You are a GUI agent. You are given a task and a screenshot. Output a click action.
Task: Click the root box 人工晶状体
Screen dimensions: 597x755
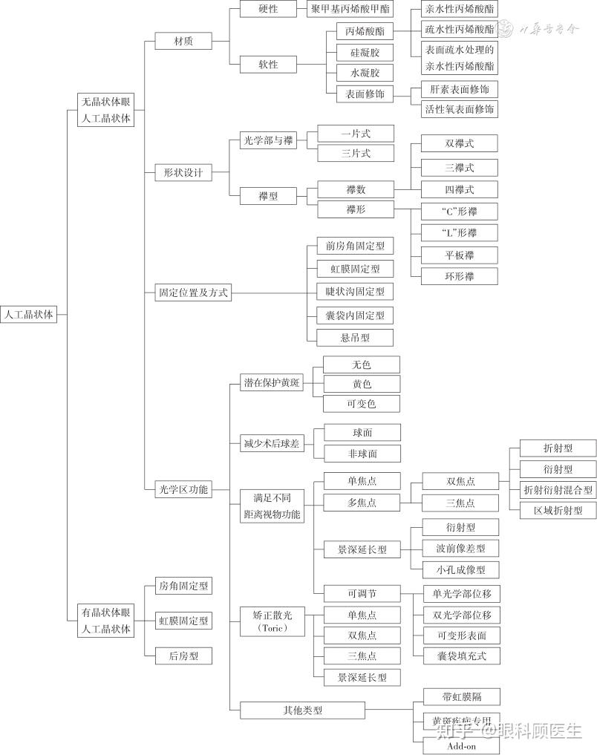(x=28, y=315)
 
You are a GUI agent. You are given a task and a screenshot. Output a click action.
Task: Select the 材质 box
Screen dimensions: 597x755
(x=183, y=42)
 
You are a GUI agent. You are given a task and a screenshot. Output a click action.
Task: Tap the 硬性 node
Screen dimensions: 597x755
(x=268, y=9)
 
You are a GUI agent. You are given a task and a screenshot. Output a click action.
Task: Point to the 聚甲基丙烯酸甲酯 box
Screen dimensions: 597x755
(x=350, y=9)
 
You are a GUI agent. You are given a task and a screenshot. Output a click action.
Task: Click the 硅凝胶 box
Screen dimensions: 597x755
(x=359, y=53)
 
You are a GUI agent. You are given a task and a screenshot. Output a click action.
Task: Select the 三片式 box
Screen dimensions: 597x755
(x=355, y=154)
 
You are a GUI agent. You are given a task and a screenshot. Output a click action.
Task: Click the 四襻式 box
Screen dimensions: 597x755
(x=459, y=189)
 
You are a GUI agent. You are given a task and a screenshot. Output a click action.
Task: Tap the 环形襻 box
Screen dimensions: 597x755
(x=459, y=276)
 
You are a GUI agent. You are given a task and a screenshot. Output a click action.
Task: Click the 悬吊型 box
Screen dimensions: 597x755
(x=354, y=338)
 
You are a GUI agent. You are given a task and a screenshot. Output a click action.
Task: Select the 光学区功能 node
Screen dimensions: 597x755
(x=183, y=490)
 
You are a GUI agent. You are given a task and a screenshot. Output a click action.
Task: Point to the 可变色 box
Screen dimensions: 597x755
(x=361, y=404)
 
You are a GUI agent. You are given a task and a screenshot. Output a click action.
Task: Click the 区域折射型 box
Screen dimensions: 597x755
(x=557, y=510)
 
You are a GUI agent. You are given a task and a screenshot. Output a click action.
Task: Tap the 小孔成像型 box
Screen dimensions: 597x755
(x=460, y=570)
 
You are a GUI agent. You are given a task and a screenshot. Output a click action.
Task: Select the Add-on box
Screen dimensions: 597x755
(x=460, y=745)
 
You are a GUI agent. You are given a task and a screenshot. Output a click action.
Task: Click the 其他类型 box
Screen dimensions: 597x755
(x=302, y=710)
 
